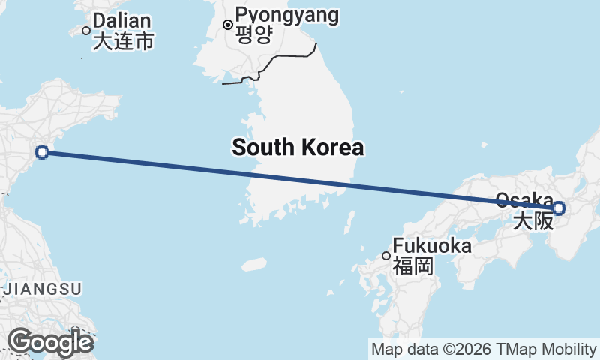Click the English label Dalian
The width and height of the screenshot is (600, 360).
(122, 21)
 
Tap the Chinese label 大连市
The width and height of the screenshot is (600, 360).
(123, 41)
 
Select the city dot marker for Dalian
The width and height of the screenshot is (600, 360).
(86, 31)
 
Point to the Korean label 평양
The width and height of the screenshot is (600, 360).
(253, 35)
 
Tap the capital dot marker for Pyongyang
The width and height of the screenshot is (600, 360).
(228, 25)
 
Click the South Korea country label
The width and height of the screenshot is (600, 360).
(298, 147)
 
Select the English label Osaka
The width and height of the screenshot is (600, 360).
(523, 200)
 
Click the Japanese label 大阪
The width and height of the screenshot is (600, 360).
(532, 220)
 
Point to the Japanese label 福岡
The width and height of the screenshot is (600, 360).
(413, 265)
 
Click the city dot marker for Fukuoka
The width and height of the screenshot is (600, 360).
(386, 256)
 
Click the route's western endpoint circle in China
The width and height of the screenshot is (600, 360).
(42, 153)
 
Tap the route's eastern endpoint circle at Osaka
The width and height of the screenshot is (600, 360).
(559, 208)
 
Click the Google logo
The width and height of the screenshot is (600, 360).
(50, 342)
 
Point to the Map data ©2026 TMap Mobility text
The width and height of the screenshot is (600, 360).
(484, 349)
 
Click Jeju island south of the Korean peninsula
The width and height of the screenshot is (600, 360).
(254, 264)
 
